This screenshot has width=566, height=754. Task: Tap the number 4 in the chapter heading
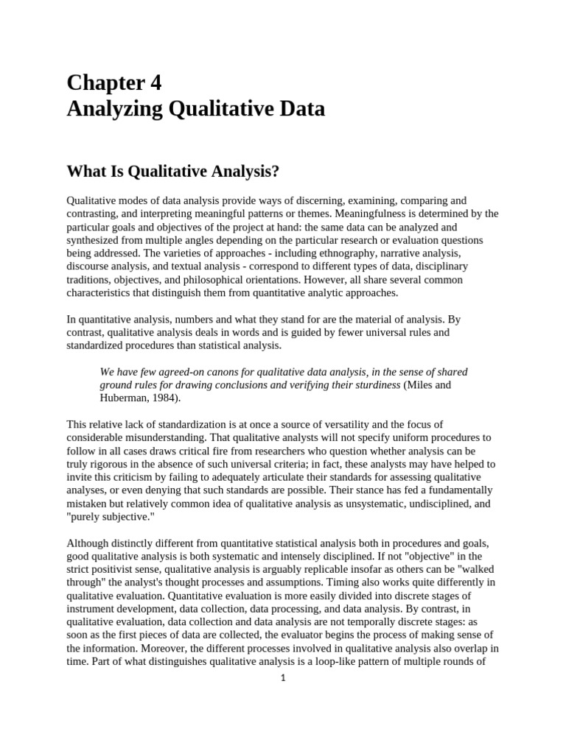point(156,83)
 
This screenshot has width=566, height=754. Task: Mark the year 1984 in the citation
point(164,398)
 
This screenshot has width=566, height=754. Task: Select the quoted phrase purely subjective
point(109,517)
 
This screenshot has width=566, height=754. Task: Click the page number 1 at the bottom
point(282,679)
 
